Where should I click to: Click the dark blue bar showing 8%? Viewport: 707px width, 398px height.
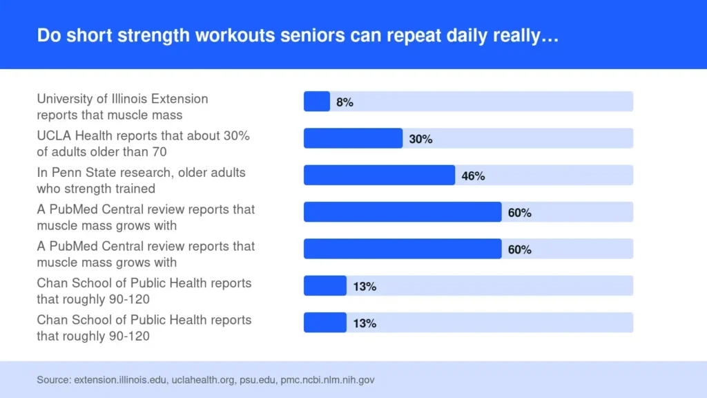pos(316,101)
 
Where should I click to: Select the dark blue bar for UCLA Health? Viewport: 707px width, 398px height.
pos(353,138)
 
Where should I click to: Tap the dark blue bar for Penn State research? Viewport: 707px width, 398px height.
pos(379,175)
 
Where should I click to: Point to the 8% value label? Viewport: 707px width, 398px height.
pos(345,102)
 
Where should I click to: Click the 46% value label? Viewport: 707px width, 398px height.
pos(473,176)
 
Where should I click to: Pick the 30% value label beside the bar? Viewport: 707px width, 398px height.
pos(420,139)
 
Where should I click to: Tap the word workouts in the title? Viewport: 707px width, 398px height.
pos(235,35)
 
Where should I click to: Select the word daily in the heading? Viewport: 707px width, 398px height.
pos(467,36)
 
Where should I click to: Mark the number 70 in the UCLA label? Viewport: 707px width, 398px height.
pos(159,152)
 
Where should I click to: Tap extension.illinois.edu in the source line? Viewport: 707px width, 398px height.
pos(120,380)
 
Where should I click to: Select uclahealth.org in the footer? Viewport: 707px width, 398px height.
pos(203,380)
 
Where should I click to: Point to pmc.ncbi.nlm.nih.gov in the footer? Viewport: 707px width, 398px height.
pos(327,380)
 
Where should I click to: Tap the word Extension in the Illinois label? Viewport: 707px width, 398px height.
pos(180,99)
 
